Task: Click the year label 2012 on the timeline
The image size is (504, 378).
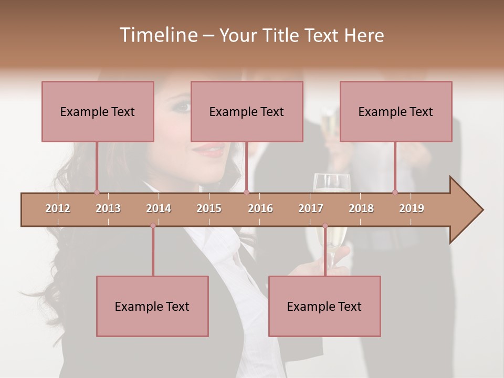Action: point(58,208)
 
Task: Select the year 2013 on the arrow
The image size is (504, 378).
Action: point(108,208)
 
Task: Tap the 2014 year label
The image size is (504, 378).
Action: point(159,208)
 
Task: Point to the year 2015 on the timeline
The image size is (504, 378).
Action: point(209,208)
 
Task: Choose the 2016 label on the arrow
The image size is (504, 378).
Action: point(260,208)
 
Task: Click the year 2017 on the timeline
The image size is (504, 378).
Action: point(311,208)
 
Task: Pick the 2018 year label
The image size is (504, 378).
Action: point(361,208)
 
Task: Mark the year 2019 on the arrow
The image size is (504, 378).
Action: point(412,208)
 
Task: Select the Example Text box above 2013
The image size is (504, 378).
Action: point(98,111)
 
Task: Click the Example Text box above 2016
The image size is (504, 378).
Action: point(247,111)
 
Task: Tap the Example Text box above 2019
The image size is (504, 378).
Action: point(396,111)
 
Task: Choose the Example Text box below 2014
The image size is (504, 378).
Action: point(152,306)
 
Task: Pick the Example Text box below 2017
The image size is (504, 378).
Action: point(324,306)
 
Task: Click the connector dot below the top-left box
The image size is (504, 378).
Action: point(97,192)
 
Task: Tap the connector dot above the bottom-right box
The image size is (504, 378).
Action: point(325,226)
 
